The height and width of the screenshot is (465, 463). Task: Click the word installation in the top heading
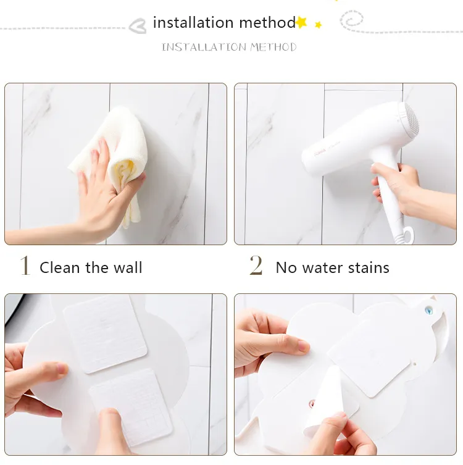click(193, 23)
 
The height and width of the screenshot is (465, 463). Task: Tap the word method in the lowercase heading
click(267, 23)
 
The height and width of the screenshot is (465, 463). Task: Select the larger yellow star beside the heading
click(301, 22)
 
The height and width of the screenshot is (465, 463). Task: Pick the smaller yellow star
click(319, 25)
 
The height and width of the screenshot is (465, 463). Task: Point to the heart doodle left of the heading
click(137, 26)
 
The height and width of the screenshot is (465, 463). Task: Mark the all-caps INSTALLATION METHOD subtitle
click(229, 47)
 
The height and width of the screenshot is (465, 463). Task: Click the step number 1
click(25, 266)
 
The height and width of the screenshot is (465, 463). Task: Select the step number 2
click(256, 266)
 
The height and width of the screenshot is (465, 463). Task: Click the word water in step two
click(325, 267)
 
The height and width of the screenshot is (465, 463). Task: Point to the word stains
click(369, 267)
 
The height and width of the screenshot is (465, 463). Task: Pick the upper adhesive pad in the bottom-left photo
click(105, 333)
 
